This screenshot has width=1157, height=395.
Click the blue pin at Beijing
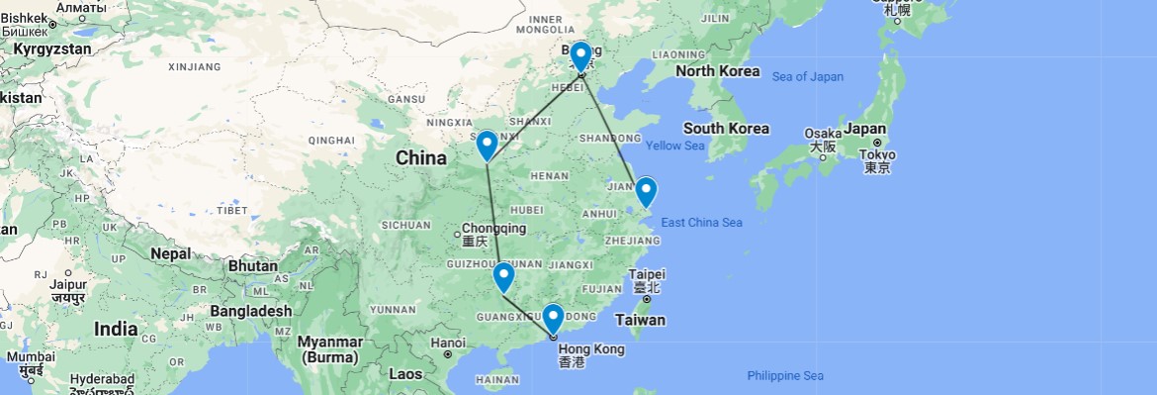tap(580, 55)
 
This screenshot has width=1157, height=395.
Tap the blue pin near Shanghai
tap(645, 189)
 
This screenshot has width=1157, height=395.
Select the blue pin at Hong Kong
tap(553, 317)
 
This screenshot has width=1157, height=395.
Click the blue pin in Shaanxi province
tap(487, 145)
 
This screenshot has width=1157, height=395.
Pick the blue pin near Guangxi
tap(503, 276)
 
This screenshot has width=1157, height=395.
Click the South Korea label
tap(726, 129)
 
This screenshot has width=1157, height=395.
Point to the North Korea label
tap(717, 71)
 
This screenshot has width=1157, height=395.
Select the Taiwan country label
tap(640, 320)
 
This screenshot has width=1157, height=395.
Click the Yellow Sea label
tap(674, 146)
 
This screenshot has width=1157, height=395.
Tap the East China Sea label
tap(701, 223)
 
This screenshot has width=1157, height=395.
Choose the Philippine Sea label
tap(785, 375)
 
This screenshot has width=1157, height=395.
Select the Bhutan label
tap(252, 265)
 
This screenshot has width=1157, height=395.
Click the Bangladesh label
tap(250, 311)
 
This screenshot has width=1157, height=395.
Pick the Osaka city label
tap(823, 133)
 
